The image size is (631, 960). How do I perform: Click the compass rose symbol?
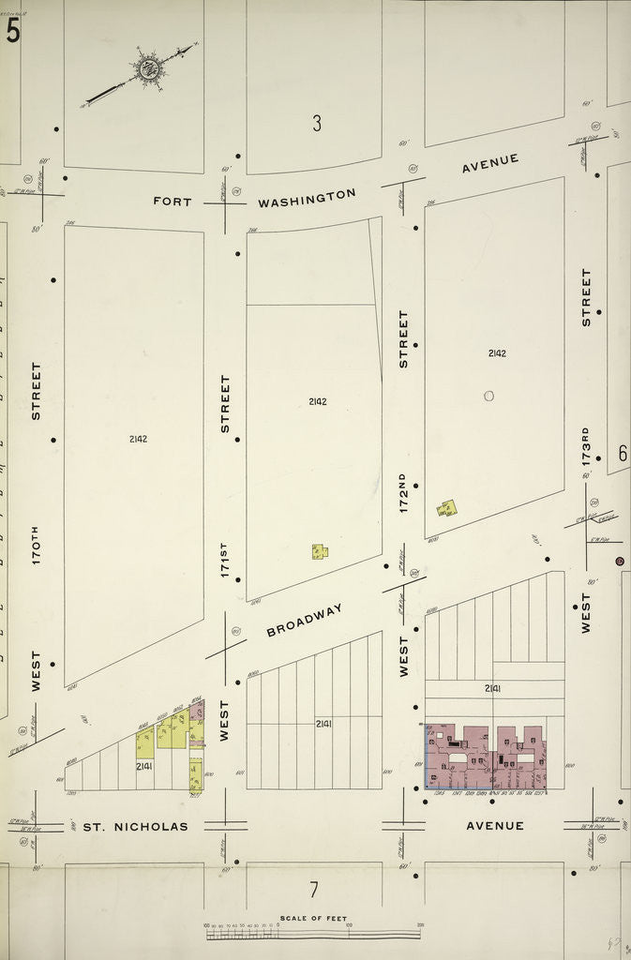[147, 67]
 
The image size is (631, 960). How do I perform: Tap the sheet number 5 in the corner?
[12, 31]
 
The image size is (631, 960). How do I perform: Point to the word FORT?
[173, 202]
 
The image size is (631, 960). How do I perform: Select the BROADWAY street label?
[305, 620]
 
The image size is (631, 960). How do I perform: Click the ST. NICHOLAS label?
[136, 827]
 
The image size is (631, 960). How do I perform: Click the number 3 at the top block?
[317, 123]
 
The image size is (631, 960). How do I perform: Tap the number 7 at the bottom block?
[314, 890]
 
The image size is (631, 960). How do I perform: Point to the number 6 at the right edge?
[622, 453]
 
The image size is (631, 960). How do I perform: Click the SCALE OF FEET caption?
[313, 918]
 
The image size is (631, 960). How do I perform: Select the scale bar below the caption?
[313, 934]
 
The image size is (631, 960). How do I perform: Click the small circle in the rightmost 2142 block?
[488, 396]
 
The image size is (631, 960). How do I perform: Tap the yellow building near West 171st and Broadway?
[320, 551]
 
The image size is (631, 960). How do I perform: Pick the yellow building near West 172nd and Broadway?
[447, 508]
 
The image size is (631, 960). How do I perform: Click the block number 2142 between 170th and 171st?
[139, 439]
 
